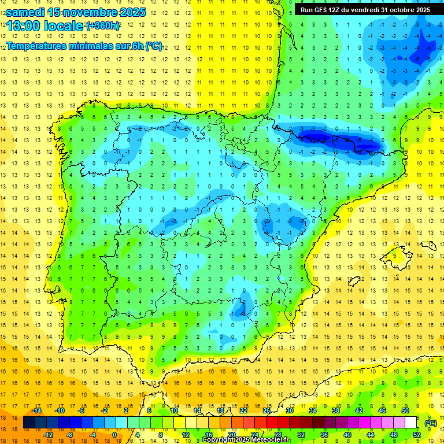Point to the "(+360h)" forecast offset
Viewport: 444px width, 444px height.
click(103, 26)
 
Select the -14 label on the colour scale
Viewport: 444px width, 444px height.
click(37, 410)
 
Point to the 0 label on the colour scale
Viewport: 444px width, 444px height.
click(114, 435)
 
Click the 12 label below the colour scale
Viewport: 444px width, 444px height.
click(186, 435)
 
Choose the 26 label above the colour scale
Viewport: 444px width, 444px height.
click(267, 410)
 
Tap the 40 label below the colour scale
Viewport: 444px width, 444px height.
click(347, 435)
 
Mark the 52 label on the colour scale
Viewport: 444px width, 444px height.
click(417, 435)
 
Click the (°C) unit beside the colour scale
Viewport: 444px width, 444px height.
click(431, 423)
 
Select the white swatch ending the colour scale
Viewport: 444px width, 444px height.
click(411, 423)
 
